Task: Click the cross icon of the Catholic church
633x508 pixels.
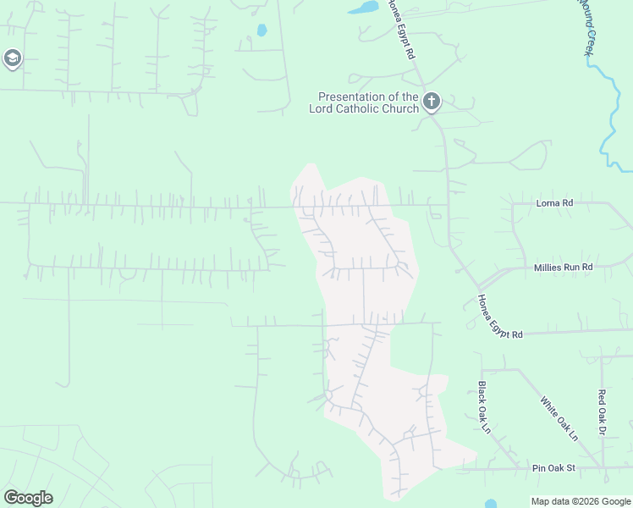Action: (431, 102)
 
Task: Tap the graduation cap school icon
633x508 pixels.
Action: (12, 58)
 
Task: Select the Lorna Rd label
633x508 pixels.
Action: (555, 203)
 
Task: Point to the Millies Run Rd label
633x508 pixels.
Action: (564, 267)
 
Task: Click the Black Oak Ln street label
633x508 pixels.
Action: (484, 407)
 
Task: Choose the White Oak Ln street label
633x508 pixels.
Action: (559, 419)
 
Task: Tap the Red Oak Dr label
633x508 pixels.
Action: (603, 413)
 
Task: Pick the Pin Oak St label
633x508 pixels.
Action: (553, 468)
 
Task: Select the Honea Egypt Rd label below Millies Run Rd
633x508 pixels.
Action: (498, 318)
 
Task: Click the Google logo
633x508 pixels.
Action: (28, 498)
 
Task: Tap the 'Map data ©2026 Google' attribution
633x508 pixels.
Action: (581, 501)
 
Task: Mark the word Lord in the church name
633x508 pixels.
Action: (322, 108)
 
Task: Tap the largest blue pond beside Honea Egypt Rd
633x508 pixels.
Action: (365, 8)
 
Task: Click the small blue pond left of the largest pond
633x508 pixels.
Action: (261, 30)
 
